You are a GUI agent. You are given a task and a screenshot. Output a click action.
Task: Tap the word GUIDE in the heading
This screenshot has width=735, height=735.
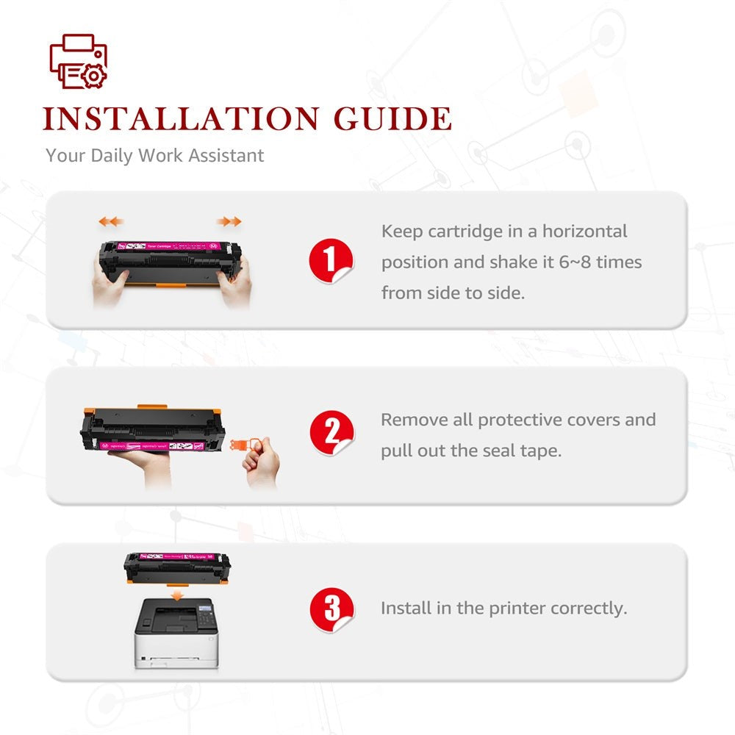(x=392, y=119)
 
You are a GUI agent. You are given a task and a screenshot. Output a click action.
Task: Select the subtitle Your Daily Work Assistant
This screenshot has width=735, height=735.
(x=154, y=156)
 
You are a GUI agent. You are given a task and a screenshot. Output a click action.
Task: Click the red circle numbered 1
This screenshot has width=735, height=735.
(x=331, y=261)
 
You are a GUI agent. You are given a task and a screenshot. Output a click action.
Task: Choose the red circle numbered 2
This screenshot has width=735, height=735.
(x=331, y=434)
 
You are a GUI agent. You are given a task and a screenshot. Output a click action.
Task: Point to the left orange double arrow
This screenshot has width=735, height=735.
(x=111, y=221)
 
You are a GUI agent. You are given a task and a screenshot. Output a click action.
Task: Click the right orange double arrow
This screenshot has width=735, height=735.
(x=229, y=221)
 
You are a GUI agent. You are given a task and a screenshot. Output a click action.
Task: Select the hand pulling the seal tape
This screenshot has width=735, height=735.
(x=263, y=463)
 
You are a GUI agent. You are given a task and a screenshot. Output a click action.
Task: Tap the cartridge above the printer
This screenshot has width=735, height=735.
(x=176, y=564)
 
